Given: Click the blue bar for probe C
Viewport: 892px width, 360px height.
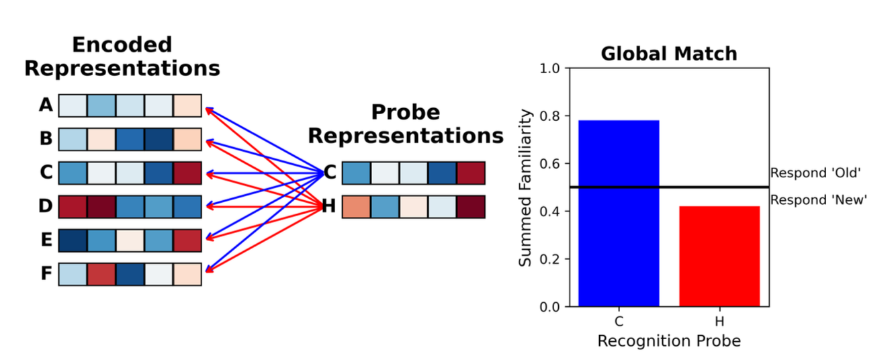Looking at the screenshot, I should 619,213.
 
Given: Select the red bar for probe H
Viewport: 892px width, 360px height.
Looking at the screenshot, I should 719,256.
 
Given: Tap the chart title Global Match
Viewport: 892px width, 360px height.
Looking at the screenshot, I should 668,54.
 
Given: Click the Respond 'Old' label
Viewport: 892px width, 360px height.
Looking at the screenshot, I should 815,173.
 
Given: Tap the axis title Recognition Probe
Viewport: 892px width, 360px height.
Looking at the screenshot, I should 668,341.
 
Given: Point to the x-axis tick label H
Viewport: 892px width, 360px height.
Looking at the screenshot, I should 719,321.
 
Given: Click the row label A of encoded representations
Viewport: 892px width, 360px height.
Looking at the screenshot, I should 46,105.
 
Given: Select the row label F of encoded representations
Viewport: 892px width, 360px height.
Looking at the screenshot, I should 46,274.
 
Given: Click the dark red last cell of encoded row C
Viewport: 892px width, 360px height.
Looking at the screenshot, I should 187,173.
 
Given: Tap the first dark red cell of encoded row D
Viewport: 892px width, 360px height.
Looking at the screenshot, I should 73,207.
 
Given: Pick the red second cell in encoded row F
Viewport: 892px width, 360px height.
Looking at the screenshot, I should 101,274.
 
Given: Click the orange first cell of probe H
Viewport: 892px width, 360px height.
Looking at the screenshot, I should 356,207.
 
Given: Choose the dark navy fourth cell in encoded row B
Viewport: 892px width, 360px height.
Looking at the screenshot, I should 158,139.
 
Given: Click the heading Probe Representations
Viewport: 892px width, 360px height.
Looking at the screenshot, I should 405,124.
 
